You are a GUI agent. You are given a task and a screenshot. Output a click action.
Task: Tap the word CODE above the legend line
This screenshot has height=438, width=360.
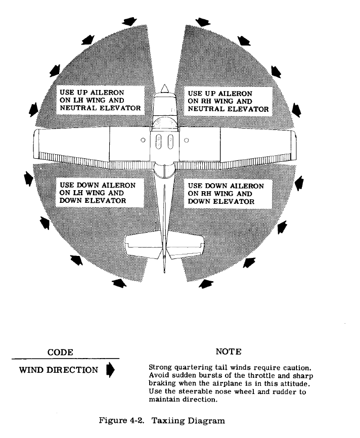(60, 352)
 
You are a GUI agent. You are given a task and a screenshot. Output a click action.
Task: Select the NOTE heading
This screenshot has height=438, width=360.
(228, 352)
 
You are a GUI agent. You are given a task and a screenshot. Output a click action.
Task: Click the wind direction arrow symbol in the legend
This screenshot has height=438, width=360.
(110, 370)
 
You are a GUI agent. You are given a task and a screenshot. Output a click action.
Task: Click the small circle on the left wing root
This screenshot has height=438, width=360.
(143, 140)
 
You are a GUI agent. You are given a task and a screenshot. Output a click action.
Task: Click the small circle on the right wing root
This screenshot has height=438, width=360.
(186, 140)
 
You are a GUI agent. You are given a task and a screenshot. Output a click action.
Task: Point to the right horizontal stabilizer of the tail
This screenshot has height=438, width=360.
(186, 246)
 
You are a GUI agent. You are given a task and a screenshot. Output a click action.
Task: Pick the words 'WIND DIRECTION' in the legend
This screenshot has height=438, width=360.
(59, 370)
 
